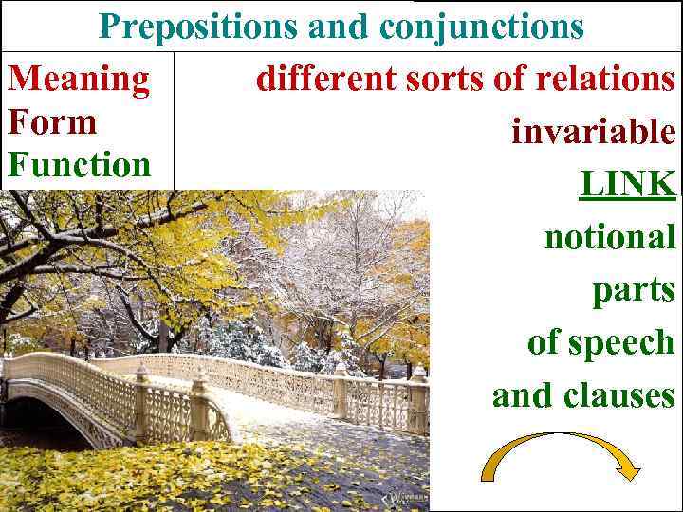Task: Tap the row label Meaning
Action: pyautogui.click(x=78, y=79)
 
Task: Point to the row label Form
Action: pyautogui.click(x=51, y=121)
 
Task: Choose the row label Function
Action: pyautogui.click(x=79, y=165)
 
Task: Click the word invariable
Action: pyautogui.click(x=593, y=131)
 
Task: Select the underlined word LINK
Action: pyautogui.click(x=627, y=183)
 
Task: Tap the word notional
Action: pyautogui.click(x=609, y=236)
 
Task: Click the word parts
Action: pyautogui.click(x=634, y=290)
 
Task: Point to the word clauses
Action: pyautogui.click(x=620, y=394)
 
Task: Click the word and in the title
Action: pyautogui.click(x=342, y=27)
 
